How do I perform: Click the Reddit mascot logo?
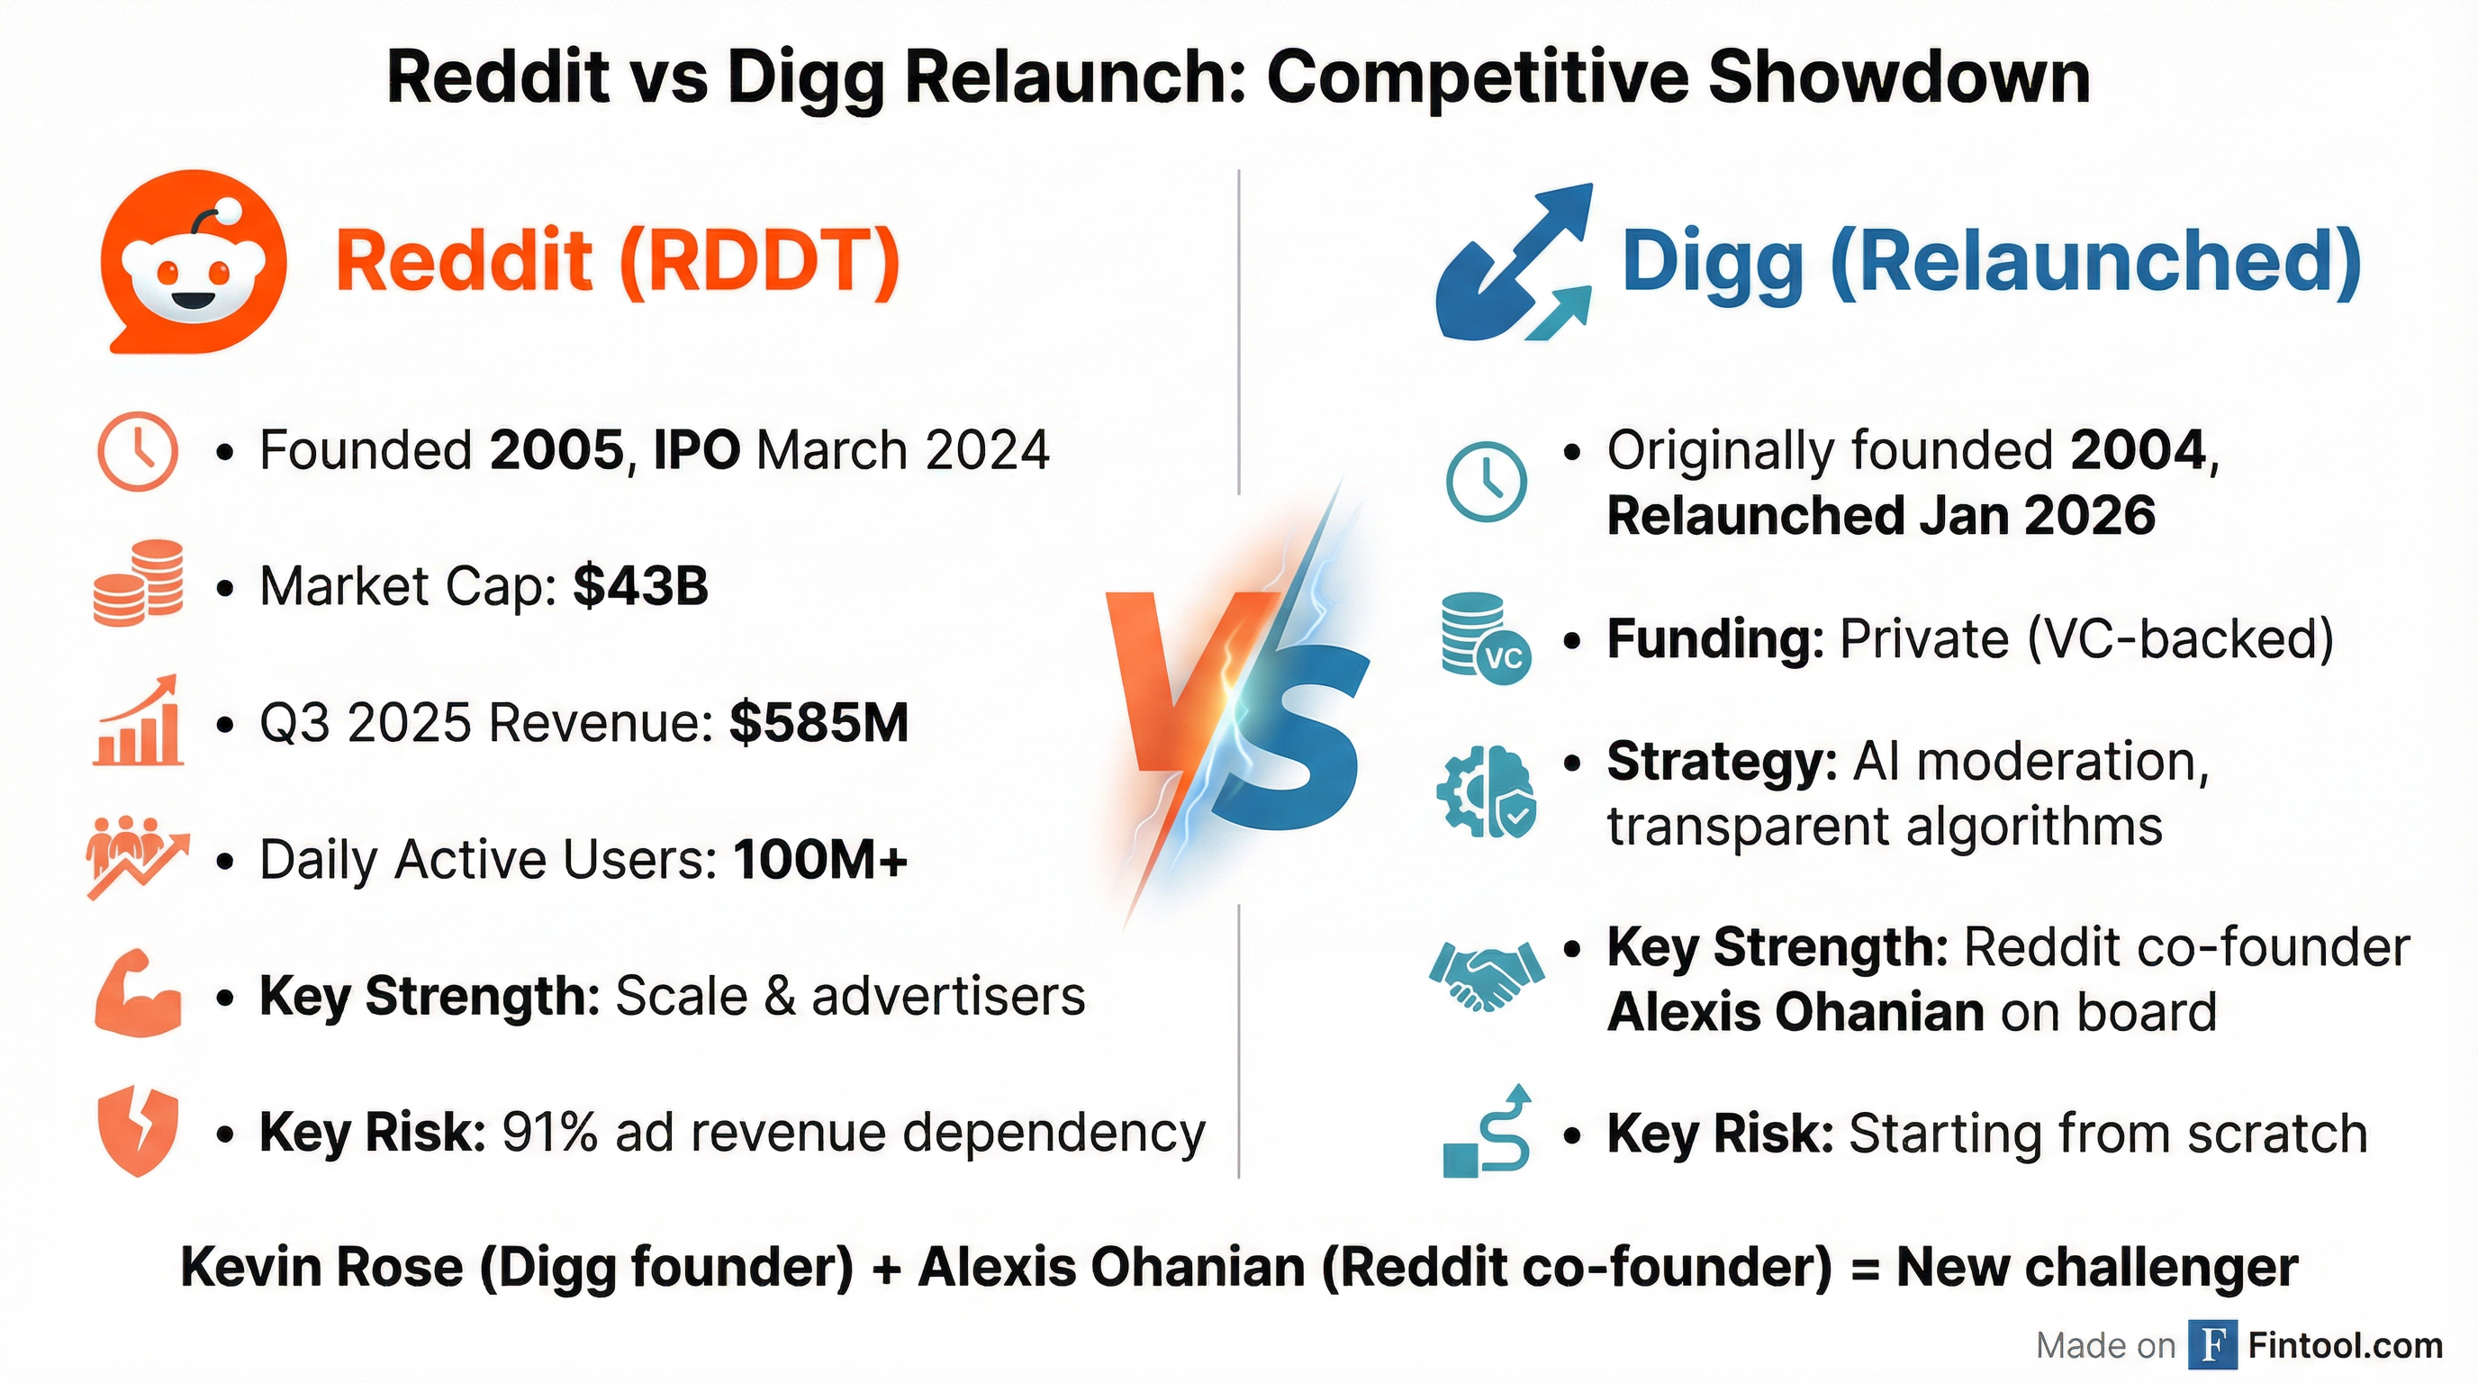pyautogui.click(x=194, y=262)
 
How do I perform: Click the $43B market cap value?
pyautogui.click(x=641, y=586)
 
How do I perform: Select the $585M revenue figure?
pyautogui.click(x=818, y=722)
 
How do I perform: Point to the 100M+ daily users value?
pyautogui.click(x=820, y=859)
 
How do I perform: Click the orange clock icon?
pyautogui.click(x=138, y=452)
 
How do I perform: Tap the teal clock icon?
pyautogui.click(x=1487, y=481)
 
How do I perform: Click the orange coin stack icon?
pyautogui.click(x=139, y=583)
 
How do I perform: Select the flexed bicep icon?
pyautogui.click(x=139, y=993)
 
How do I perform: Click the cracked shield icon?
pyautogui.click(x=139, y=1132)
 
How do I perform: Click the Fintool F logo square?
pyautogui.click(x=2212, y=1344)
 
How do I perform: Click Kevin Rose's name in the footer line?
pyautogui.click(x=322, y=1267)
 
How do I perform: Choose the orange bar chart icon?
pyautogui.click(x=138, y=720)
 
